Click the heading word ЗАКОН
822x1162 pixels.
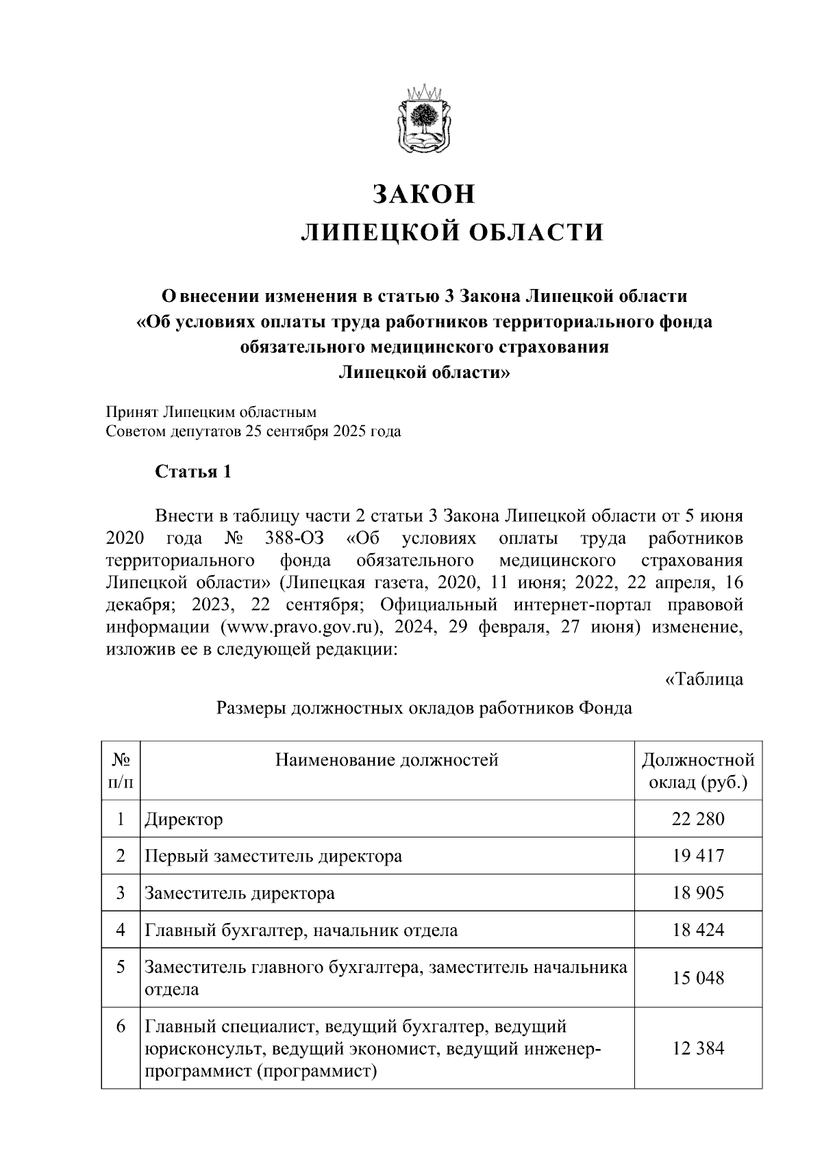coord(423,194)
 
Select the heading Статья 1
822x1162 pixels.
coord(193,472)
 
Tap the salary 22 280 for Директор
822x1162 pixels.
coord(697,819)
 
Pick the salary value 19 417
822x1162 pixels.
coord(697,856)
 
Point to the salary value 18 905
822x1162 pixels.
coord(697,893)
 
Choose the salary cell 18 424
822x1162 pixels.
coord(697,930)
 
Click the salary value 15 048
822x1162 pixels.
coord(697,978)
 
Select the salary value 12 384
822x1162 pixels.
coord(697,1048)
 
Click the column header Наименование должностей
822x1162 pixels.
coord(386,759)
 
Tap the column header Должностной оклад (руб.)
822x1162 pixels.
coord(697,770)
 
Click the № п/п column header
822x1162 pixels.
coord(121,770)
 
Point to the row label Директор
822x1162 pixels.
coord(184,820)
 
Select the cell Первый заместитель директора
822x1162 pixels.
coord(273,857)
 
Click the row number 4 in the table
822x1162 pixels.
coord(121,930)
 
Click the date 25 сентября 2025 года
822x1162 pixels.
coord(319,432)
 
